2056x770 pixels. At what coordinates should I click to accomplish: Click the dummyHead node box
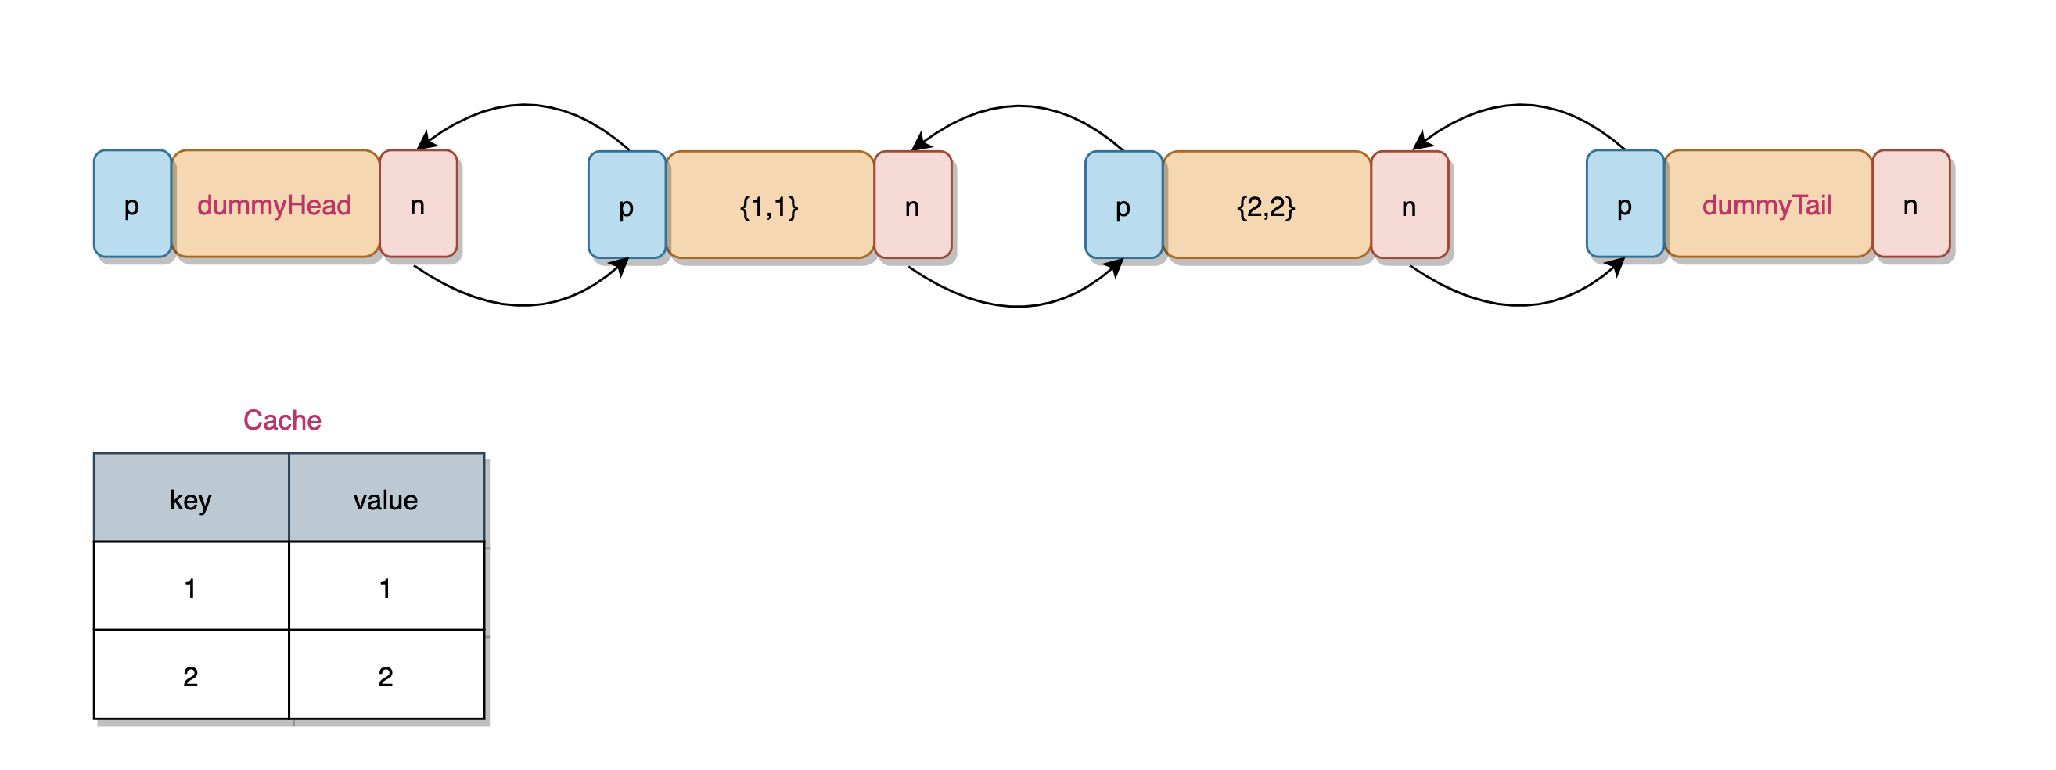pos(275,203)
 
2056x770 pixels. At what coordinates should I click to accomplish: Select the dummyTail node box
pos(1768,203)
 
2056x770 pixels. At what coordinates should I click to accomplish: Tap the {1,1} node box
pos(770,205)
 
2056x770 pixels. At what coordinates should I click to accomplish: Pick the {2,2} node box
pos(1267,205)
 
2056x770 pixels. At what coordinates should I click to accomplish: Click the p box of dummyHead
pos(132,203)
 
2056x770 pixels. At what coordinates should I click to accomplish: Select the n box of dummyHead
pos(419,203)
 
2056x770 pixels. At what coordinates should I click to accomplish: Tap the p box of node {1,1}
pos(627,205)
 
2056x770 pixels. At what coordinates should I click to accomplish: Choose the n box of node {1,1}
pos(913,205)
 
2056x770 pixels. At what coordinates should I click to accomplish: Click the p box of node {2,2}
pos(1123,205)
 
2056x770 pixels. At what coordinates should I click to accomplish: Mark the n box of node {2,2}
pos(1410,205)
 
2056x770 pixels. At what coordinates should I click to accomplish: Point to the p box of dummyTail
pos(1625,203)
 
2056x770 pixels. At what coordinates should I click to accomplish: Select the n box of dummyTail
pos(1910,203)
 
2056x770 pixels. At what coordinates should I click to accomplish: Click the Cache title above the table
pos(282,419)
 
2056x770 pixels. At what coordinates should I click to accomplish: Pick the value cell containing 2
pos(386,675)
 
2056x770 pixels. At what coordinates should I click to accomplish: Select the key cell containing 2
pos(192,675)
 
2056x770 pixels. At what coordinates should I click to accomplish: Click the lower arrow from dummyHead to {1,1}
pos(523,305)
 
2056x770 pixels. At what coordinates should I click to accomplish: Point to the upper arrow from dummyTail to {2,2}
pos(1520,106)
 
